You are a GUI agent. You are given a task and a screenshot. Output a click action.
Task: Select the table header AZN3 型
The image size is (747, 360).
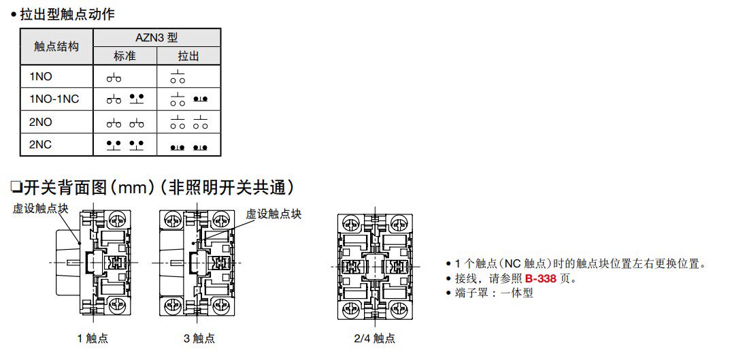156,37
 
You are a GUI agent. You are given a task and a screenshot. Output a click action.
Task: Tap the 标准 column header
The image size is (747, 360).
125,56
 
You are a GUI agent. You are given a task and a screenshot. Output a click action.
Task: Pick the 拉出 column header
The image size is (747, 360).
188,56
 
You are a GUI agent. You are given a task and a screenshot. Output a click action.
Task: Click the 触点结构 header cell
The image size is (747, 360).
56,46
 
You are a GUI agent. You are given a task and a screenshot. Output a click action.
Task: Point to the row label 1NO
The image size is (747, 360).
41,77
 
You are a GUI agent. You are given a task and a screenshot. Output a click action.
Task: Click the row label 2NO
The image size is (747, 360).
41,122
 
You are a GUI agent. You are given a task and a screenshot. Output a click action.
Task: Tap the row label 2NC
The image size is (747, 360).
41,145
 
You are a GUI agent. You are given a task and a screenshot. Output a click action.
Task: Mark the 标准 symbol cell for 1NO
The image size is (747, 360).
114,78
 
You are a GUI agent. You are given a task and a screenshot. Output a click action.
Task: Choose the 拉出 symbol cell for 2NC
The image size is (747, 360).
188,146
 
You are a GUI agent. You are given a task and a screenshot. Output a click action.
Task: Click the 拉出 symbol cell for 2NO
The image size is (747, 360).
188,122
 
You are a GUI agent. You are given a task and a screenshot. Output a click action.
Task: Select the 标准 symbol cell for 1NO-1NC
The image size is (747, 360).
125,99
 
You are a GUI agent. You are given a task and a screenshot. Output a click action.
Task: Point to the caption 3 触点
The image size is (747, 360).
199,338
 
